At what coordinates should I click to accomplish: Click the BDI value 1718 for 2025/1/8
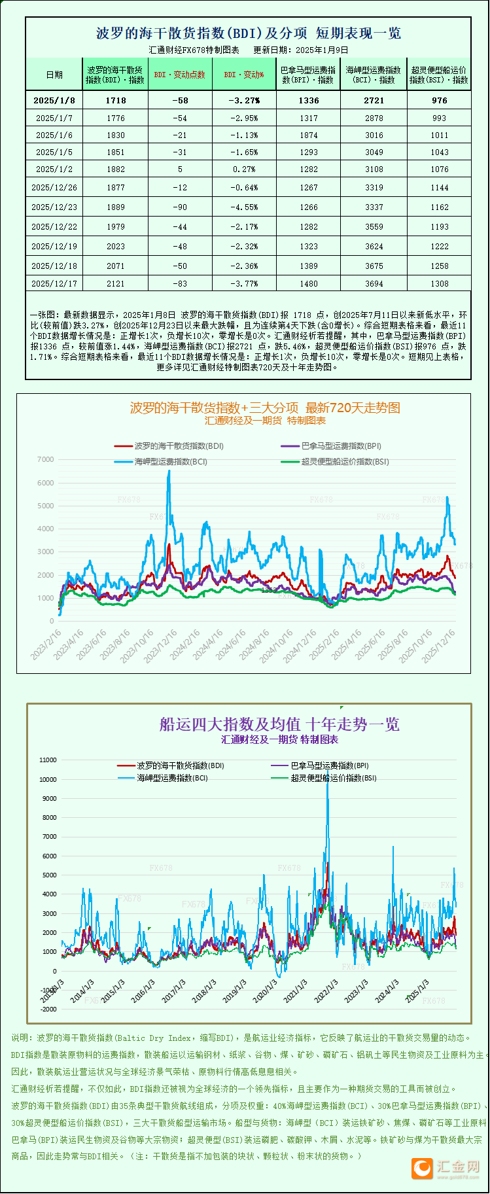click(x=115, y=100)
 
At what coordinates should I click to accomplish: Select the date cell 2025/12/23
click(x=54, y=207)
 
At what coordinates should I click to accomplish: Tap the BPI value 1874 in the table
click(x=309, y=135)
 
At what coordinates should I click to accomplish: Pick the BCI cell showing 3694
click(x=374, y=283)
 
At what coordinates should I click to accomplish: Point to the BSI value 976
click(x=440, y=100)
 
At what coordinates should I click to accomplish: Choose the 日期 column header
click(x=54, y=75)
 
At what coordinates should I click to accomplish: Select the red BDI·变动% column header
click(x=244, y=75)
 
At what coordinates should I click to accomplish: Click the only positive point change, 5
click(x=180, y=169)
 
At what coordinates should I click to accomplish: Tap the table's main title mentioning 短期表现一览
click(x=249, y=33)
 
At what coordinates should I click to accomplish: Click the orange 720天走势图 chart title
click(x=265, y=408)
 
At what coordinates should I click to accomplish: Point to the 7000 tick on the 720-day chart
click(x=46, y=459)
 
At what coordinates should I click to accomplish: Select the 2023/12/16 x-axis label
click(x=160, y=646)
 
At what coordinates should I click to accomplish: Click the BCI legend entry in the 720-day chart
click(x=171, y=461)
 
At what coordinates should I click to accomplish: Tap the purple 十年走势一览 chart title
click(x=279, y=724)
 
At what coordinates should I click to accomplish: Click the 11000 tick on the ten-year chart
click(x=48, y=760)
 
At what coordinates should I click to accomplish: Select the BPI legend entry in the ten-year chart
click(x=330, y=765)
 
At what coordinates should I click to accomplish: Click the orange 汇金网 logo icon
click(x=423, y=1168)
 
